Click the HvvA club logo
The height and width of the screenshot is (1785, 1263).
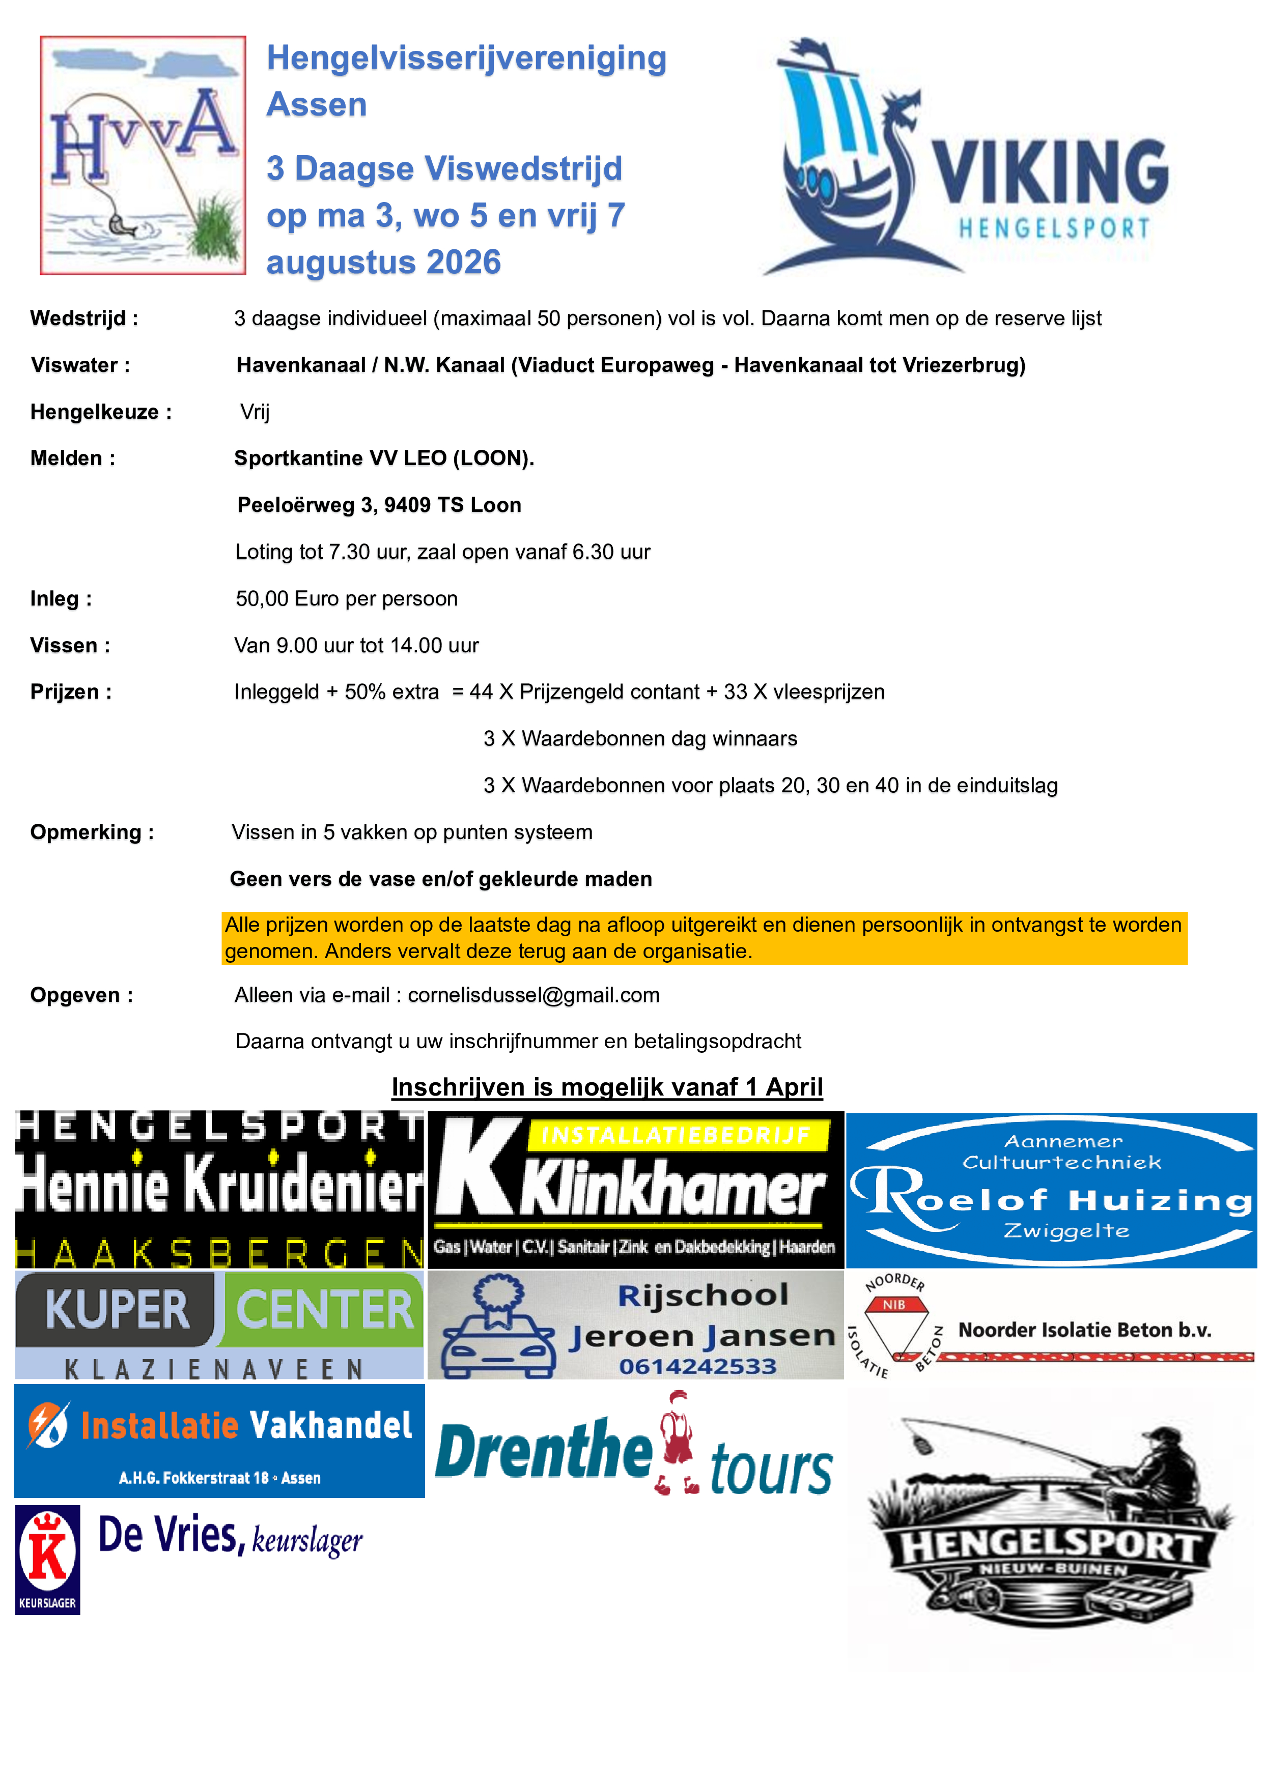click(143, 156)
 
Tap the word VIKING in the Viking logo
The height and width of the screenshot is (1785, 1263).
click(1050, 172)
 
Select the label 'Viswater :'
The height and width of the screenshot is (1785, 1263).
click(80, 365)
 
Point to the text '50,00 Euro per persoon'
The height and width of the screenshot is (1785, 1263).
click(347, 598)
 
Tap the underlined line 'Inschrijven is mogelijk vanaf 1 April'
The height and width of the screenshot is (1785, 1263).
click(607, 1087)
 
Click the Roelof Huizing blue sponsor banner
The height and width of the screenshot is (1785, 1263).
click(1051, 1190)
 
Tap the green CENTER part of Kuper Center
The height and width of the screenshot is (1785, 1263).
click(324, 1310)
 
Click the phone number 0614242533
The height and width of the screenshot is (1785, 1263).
click(697, 1367)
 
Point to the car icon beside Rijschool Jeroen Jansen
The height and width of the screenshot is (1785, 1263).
click(498, 1331)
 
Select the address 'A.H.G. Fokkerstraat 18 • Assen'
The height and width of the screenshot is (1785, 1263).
click(219, 1478)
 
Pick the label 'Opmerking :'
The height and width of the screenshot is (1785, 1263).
click(92, 832)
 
